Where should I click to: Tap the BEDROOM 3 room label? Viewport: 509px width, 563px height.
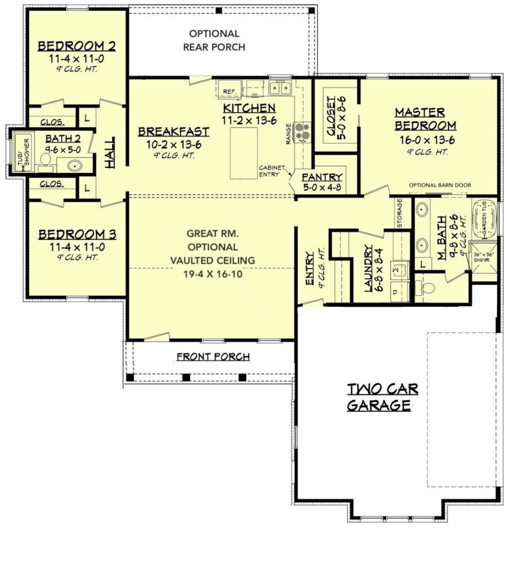77,235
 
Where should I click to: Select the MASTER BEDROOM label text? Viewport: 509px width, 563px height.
420,119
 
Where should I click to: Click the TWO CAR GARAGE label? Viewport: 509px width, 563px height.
382,398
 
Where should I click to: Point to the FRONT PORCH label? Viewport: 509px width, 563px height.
213,357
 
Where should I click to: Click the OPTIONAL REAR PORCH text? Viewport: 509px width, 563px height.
214,41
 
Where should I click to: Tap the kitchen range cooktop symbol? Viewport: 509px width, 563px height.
303,131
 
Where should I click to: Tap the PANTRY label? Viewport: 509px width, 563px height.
322,177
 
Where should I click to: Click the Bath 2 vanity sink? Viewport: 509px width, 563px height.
76,164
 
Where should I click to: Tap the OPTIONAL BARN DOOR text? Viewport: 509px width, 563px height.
440,185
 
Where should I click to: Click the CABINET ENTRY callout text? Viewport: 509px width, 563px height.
272,171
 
